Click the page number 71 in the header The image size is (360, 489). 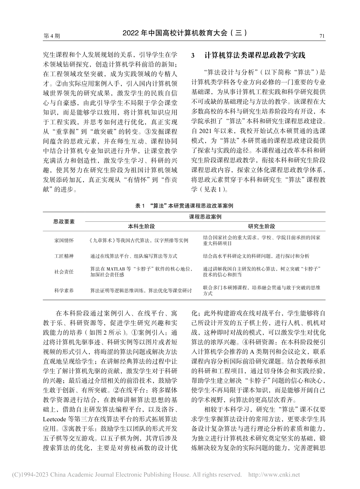click(322, 36)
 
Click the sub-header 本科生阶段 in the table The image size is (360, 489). click(141, 226)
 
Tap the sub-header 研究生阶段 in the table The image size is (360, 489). click(261, 226)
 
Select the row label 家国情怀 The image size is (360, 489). click(64, 240)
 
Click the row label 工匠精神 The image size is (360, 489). click(64, 256)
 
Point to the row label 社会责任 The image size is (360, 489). click(64, 272)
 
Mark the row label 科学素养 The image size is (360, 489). click(64, 290)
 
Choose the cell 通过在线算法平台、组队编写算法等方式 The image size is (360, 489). click(134, 256)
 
